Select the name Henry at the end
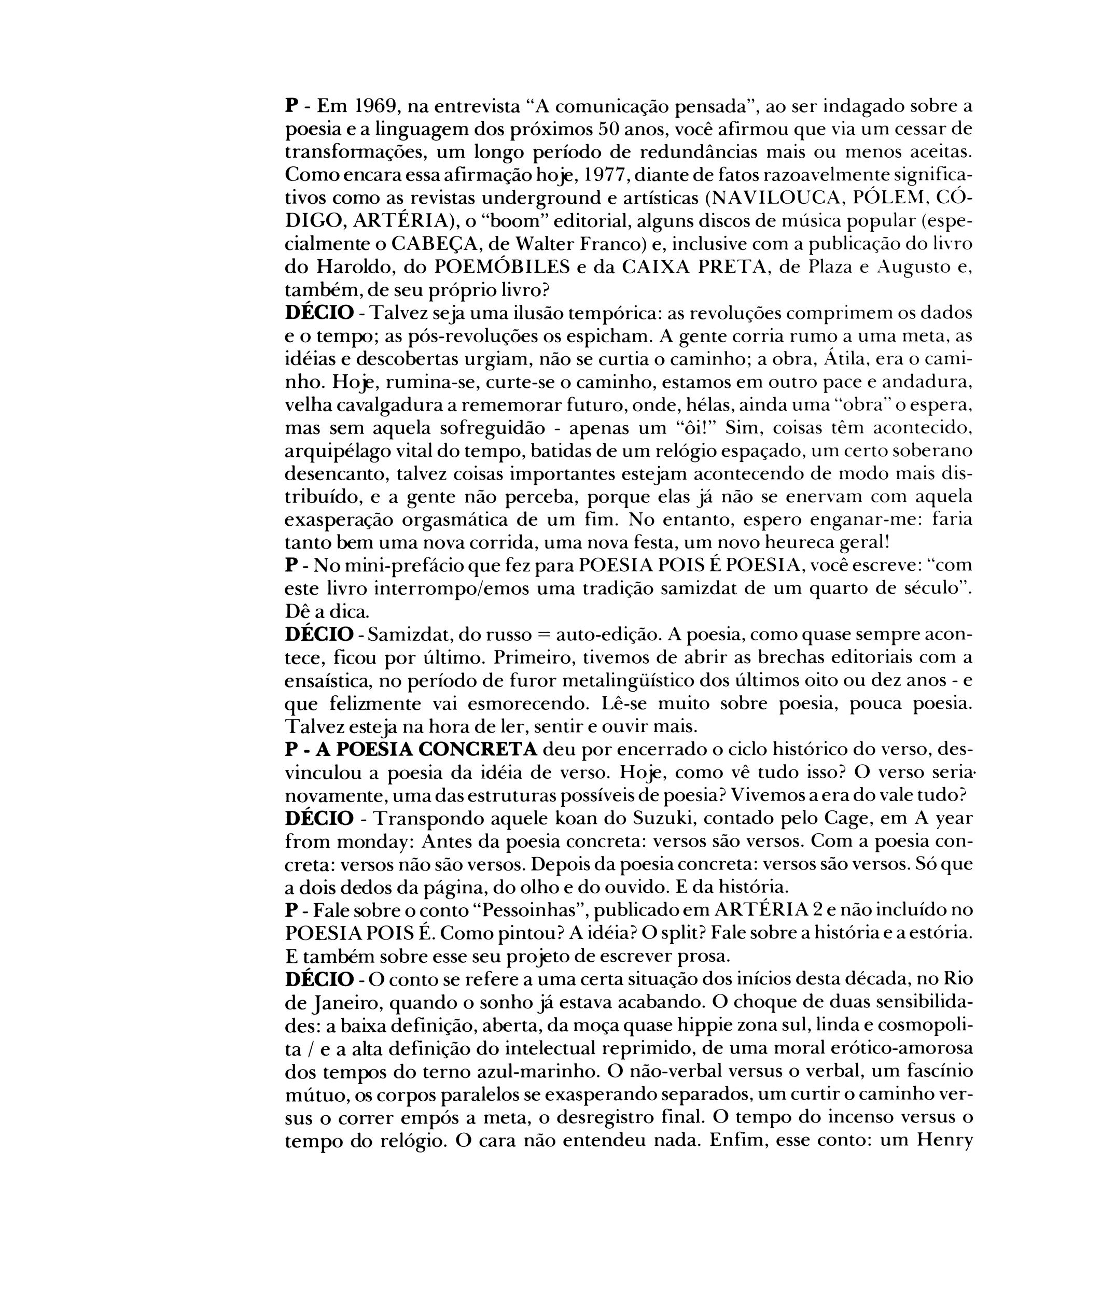click(x=944, y=1141)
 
